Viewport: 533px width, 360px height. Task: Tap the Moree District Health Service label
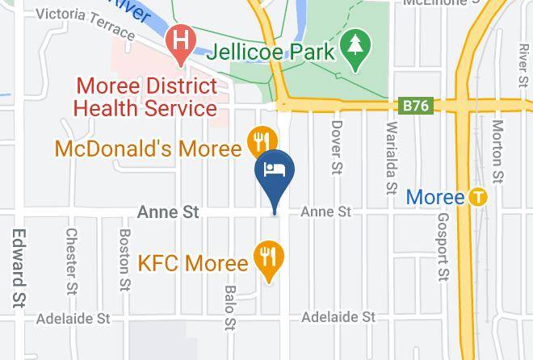coord(146,96)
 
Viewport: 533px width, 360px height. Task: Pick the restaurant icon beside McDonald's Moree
coord(258,140)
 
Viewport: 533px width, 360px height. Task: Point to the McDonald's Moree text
coord(149,149)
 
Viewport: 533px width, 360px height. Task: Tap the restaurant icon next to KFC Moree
coord(267,257)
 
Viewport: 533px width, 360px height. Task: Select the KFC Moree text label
coord(192,263)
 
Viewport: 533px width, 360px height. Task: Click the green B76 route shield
coord(417,106)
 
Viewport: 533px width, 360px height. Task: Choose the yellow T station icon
coord(480,197)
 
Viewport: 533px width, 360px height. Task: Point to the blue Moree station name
coord(435,197)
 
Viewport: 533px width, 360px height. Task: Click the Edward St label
coord(17,267)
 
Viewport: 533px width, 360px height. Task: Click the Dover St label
coord(337,147)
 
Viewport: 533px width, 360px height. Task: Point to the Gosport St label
coord(442,248)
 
